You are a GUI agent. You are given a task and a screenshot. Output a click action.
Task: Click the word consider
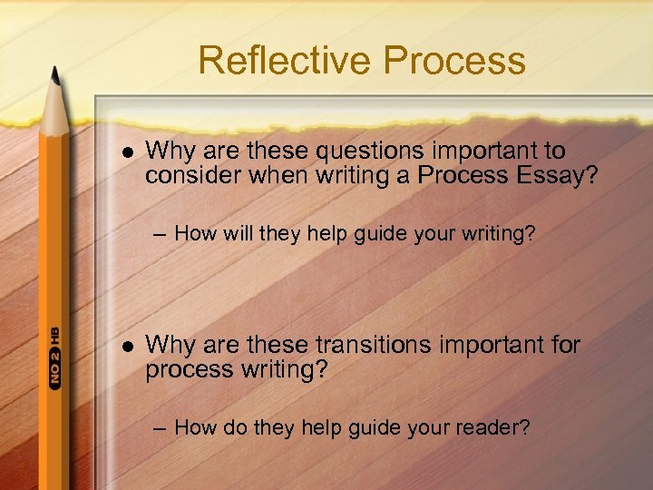189,174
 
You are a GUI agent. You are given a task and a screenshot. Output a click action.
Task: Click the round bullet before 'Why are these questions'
126,152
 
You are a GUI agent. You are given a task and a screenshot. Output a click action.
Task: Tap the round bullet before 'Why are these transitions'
126,346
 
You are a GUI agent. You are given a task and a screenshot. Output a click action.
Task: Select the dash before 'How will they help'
160,235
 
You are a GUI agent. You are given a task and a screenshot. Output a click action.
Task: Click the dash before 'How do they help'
160,428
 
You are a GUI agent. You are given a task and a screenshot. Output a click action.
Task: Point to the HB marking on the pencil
54,333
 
